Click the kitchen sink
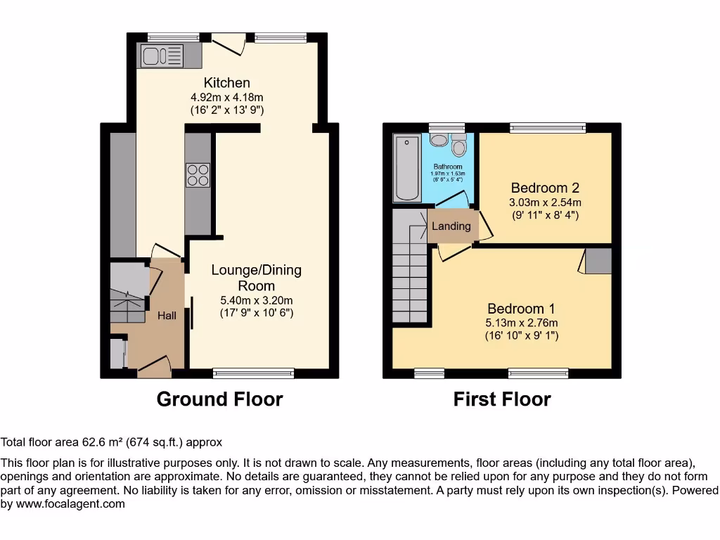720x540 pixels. click(x=162, y=55)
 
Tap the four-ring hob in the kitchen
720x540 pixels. click(x=198, y=174)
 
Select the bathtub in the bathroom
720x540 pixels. click(x=406, y=168)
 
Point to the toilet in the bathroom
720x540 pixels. click(x=459, y=146)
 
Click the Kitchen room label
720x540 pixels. click(x=226, y=83)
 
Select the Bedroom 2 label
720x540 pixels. click(x=544, y=188)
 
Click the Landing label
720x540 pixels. click(x=451, y=226)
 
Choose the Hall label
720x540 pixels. click(x=167, y=316)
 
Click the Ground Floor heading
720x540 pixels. click(x=219, y=399)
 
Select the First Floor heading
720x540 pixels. click(x=501, y=399)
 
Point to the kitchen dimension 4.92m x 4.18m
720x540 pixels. click(x=226, y=98)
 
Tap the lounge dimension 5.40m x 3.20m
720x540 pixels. click(x=256, y=300)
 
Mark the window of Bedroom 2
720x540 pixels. click(x=547, y=127)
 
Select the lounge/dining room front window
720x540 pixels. click(x=253, y=373)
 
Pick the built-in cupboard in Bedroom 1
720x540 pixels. click(x=598, y=260)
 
